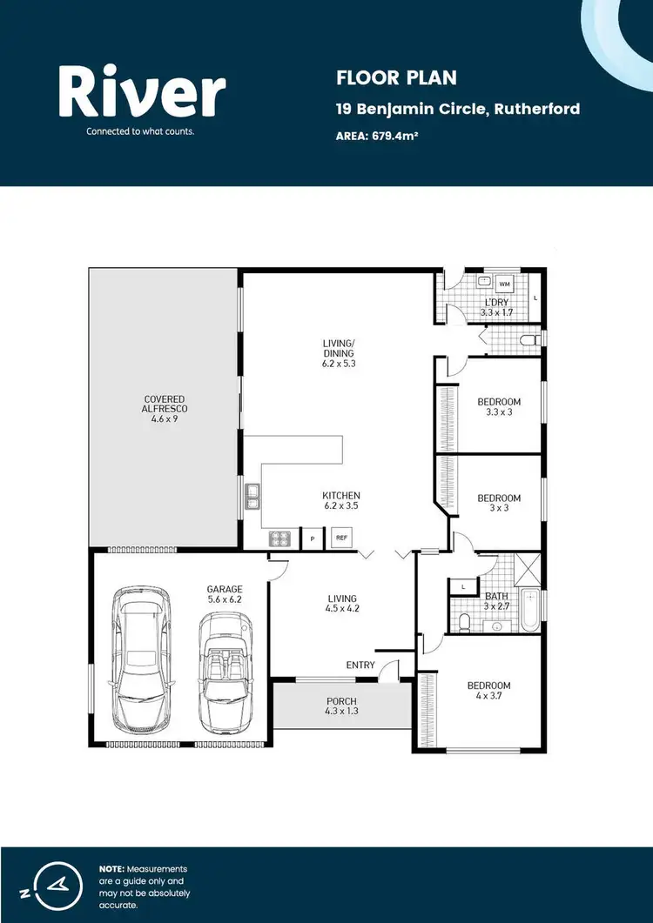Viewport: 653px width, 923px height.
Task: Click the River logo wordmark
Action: pos(142,94)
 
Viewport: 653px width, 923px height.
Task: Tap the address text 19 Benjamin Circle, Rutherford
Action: pos(458,110)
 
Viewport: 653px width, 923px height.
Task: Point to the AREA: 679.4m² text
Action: pos(378,136)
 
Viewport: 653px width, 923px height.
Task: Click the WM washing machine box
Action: pos(504,284)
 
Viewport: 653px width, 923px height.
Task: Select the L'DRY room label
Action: pos(496,302)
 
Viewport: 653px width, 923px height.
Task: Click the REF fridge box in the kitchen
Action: pos(341,538)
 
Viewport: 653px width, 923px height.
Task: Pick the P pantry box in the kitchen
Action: pos(311,539)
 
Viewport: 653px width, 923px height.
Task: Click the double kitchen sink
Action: pos(252,496)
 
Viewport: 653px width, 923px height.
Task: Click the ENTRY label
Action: pos(360,665)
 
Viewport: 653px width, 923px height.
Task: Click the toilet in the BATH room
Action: pos(465,620)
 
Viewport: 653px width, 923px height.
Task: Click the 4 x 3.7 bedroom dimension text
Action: pos(493,697)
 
